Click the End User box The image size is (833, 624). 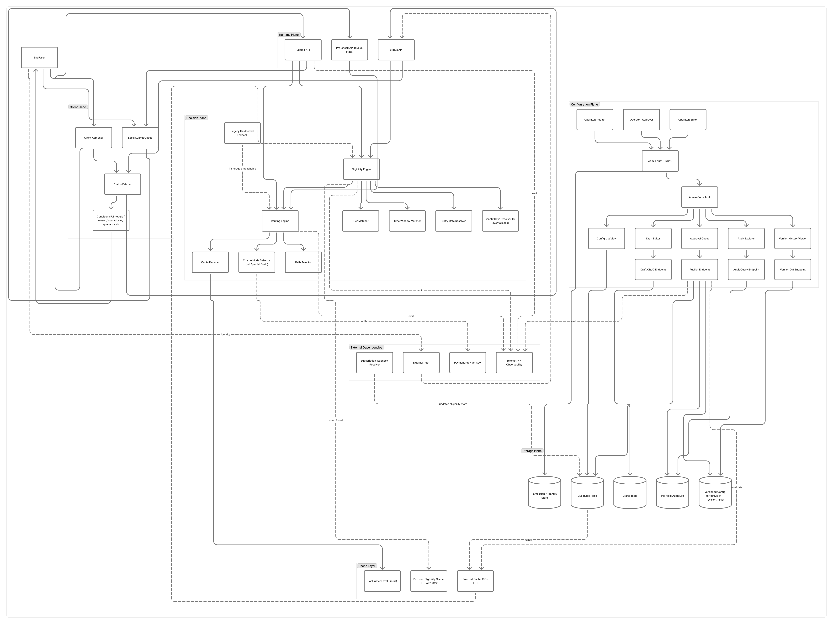[x=39, y=58]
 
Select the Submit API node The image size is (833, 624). [x=303, y=50]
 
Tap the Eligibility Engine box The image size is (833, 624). [x=361, y=169]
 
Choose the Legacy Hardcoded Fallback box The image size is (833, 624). [x=242, y=133]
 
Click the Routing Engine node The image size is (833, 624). [x=280, y=221]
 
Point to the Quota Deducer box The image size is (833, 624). [x=210, y=262]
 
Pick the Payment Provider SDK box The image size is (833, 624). [x=467, y=363]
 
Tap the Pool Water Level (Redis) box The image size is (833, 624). [x=382, y=581]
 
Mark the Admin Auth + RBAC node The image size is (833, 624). [x=660, y=161]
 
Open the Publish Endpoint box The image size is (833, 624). [x=699, y=270]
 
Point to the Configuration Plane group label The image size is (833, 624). [x=584, y=104]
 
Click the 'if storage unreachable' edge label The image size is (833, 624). [x=242, y=169]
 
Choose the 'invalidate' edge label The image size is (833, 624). [x=736, y=487]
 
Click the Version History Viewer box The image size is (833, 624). [x=792, y=238]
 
